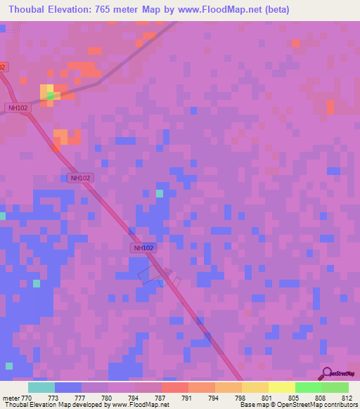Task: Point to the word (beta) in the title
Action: pos(271,10)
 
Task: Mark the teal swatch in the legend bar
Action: pos(41,387)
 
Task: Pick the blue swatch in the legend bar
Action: pos(68,387)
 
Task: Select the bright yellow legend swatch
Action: pos(281,387)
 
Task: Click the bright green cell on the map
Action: pos(50,96)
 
